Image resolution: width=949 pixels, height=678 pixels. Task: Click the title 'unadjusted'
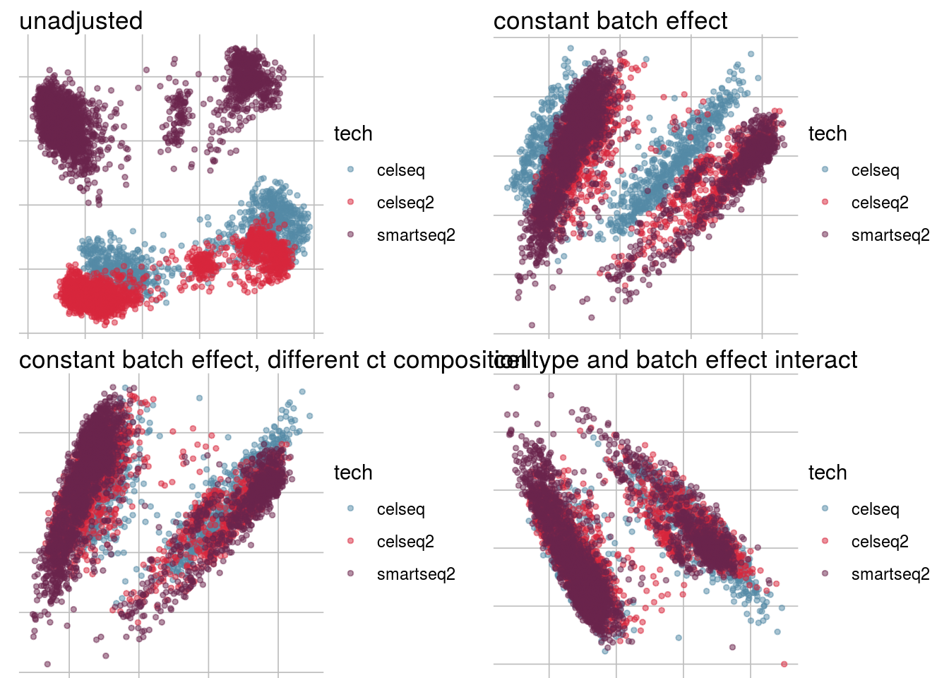tap(80, 21)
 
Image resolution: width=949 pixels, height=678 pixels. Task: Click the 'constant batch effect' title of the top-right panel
tap(610, 21)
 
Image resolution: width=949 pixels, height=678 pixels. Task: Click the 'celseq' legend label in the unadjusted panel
tap(400, 170)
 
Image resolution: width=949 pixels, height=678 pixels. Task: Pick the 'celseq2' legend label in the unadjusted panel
tap(405, 203)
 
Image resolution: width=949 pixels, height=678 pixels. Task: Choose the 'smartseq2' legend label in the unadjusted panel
tap(416, 235)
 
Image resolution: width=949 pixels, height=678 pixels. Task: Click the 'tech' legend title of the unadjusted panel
tap(352, 134)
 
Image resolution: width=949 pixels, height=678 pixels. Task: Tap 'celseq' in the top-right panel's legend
tap(875, 170)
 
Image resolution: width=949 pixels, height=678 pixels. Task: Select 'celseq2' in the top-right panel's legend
tap(880, 203)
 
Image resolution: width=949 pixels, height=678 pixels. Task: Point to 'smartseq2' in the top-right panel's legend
tap(890, 235)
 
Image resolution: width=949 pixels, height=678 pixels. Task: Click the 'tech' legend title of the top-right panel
tap(827, 134)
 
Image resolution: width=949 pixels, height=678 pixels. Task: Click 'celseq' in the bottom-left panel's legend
tap(400, 509)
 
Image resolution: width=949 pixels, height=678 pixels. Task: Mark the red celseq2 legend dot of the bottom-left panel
tap(351, 541)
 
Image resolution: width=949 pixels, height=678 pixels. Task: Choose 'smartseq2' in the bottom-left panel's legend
tap(416, 574)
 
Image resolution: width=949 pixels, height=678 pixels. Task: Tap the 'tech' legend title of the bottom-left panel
tap(352, 473)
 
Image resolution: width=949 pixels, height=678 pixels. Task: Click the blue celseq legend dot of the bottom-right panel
tap(825, 509)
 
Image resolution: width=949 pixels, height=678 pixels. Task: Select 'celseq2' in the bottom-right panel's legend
tap(880, 542)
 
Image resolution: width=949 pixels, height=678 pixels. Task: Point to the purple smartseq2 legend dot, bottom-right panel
tap(825, 573)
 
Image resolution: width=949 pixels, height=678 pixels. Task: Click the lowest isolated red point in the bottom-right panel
tap(784, 664)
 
